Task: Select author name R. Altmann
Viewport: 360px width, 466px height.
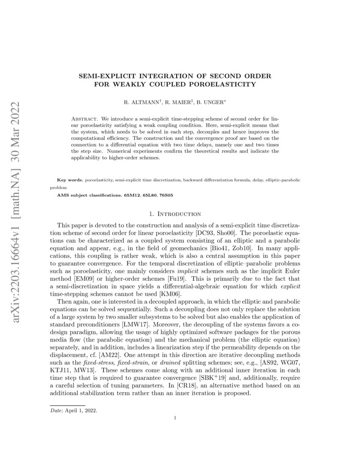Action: click(x=141, y=103)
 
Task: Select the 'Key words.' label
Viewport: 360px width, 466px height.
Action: click(x=70, y=180)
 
